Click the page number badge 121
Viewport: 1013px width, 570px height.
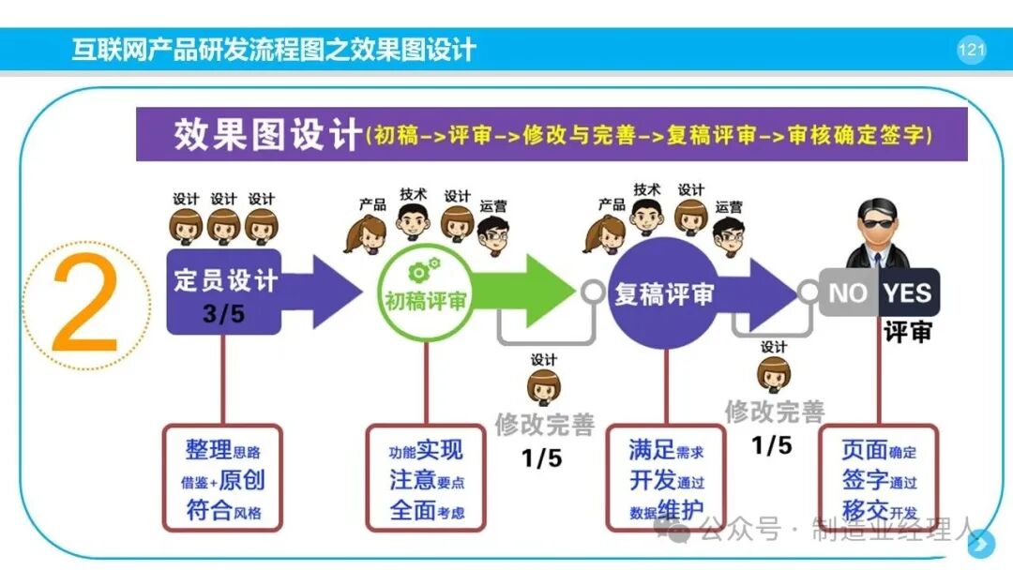pyautogui.click(x=971, y=49)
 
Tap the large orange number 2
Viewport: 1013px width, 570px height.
pyautogui.click(x=85, y=303)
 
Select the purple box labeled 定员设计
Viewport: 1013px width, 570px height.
pyautogui.click(x=223, y=292)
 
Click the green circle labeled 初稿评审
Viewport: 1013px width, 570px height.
pyautogui.click(x=426, y=292)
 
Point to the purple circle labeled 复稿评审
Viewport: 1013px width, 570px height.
pyautogui.click(x=663, y=293)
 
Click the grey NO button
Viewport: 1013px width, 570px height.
pyautogui.click(x=848, y=292)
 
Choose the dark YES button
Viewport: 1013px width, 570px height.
pyautogui.click(x=908, y=292)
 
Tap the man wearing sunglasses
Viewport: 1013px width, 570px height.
pyautogui.click(x=878, y=233)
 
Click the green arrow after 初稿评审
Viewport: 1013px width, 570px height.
pyautogui.click(x=524, y=291)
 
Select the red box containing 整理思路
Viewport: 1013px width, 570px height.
pyautogui.click(x=223, y=478)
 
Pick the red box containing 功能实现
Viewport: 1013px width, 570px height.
pyautogui.click(x=426, y=478)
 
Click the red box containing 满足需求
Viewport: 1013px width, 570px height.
pyautogui.click(x=665, y=478)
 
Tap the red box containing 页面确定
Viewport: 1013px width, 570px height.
pyautogui.click(x=879, y=478)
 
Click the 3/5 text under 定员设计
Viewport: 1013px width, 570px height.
pyautogui.click(x=223, y=314)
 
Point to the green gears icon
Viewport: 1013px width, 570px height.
pyautogui.click(x=423, y=270)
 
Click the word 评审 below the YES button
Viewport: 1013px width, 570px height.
pyautogui.click(x=908, y=332)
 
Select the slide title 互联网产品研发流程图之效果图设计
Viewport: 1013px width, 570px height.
pyautogui.click(x=274, y=50)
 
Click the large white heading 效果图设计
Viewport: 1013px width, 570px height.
pyautogui.click(x=266, y=134)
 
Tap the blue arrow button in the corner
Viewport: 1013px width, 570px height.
pyautogui.click(x=981, y=544)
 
